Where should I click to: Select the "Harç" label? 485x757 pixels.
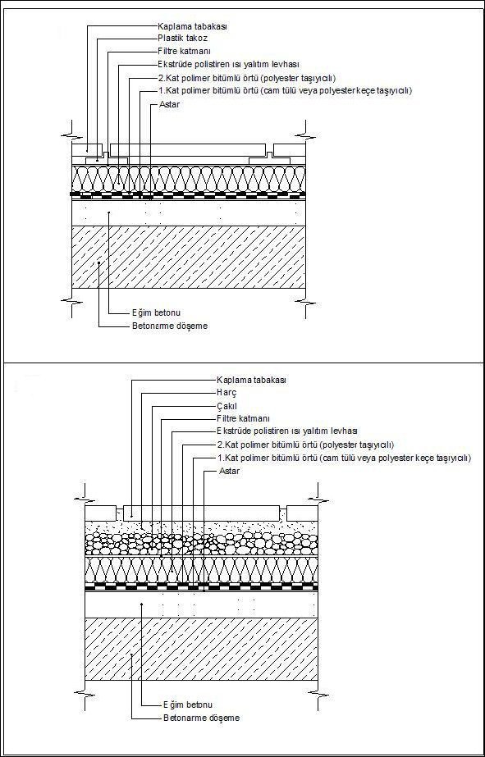[226, 393]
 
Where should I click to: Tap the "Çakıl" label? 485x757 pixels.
[227, 405]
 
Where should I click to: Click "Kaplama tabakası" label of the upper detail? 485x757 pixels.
[192, 26]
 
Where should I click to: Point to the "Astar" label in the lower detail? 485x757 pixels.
[230, 470]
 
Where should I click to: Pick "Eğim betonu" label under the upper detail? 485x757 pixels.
[153, 312]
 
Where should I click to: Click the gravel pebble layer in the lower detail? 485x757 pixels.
[201, 544]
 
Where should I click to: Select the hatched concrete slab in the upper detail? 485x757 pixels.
[189, 257]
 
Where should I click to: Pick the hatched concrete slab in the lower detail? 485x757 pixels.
[201, 649]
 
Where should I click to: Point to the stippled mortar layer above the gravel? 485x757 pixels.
[201, 527]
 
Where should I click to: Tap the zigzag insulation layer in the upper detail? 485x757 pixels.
[189, 179]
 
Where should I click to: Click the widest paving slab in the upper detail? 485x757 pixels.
[188, 149]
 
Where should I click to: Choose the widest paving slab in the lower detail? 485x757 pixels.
[202, 513]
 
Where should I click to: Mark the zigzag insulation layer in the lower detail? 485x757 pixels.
[201, 570]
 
